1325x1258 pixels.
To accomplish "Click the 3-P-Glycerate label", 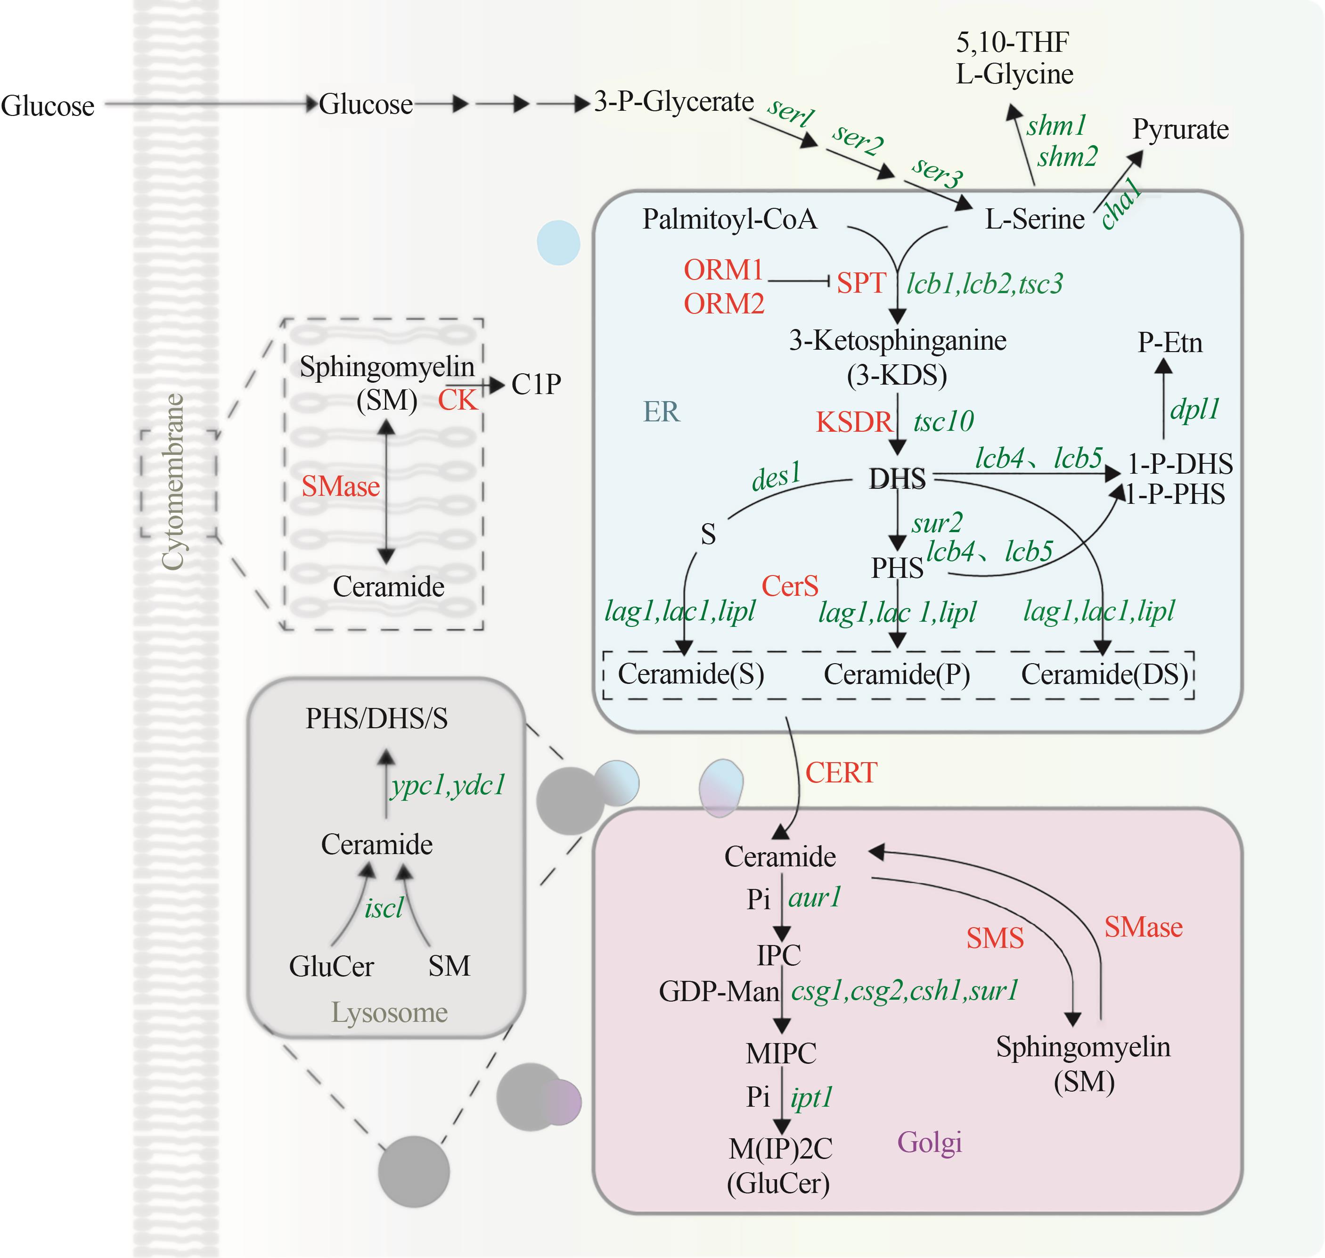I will click(x=673, y=102).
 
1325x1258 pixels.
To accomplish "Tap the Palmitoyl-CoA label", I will click(x=729, y=219).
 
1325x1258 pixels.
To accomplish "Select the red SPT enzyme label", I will click(x=861, y=283).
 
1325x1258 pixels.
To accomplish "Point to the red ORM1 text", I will click(x=723, y=270).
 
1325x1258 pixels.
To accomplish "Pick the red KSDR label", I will click(x=854, y=422).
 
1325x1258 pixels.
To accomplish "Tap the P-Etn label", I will click(x=1170, y=343).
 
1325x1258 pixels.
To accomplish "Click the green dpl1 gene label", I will click(x=1194, y=409).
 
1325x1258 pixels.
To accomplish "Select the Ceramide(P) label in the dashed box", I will click(x=897, y=674).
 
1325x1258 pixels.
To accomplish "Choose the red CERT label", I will click(x=841, y=773).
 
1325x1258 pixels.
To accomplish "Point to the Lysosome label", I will click(x=389, y=1012).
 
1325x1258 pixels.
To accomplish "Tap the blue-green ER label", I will click(x=661, y=412).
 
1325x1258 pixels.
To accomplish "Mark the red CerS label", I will click(x=790, y=586).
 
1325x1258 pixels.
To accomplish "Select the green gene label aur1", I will click(x=814, y=897).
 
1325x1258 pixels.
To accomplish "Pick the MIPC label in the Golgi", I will click(x=781, y=1053).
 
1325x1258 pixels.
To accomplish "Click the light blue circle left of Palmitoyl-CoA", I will click(x=558, y=242).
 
